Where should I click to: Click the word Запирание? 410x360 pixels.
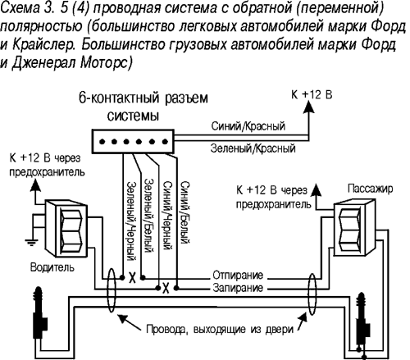237,289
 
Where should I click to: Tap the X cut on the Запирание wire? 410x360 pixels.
166,288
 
